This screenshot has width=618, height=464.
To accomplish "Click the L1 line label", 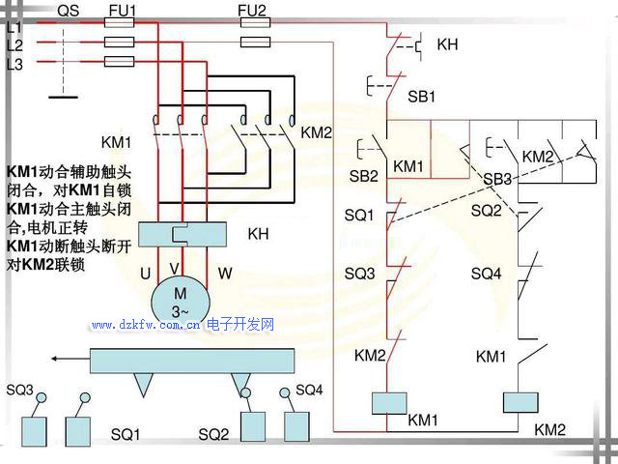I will tap(14, 28).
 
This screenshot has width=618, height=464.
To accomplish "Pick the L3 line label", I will tap(14, 64).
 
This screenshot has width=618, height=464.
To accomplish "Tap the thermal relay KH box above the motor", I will tap(183, 235).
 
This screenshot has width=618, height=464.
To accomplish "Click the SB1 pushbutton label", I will tap(422, 97).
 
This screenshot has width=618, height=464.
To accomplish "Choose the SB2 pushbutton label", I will tap(364, 176).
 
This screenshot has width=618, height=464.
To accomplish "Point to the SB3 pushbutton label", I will tap(497, 179).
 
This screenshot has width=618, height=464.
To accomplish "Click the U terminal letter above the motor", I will tap(145, 274).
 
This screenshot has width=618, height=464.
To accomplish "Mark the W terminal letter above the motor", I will tap(224, 274).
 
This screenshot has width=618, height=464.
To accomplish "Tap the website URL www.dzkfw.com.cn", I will tap(145, 326).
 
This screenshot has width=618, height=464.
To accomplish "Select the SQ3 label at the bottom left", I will tap(20, 391).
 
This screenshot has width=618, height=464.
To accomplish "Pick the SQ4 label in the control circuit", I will tap(486, 274).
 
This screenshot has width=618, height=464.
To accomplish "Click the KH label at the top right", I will tap(447, 44).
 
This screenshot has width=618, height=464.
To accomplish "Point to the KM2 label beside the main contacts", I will tap(317, 131).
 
